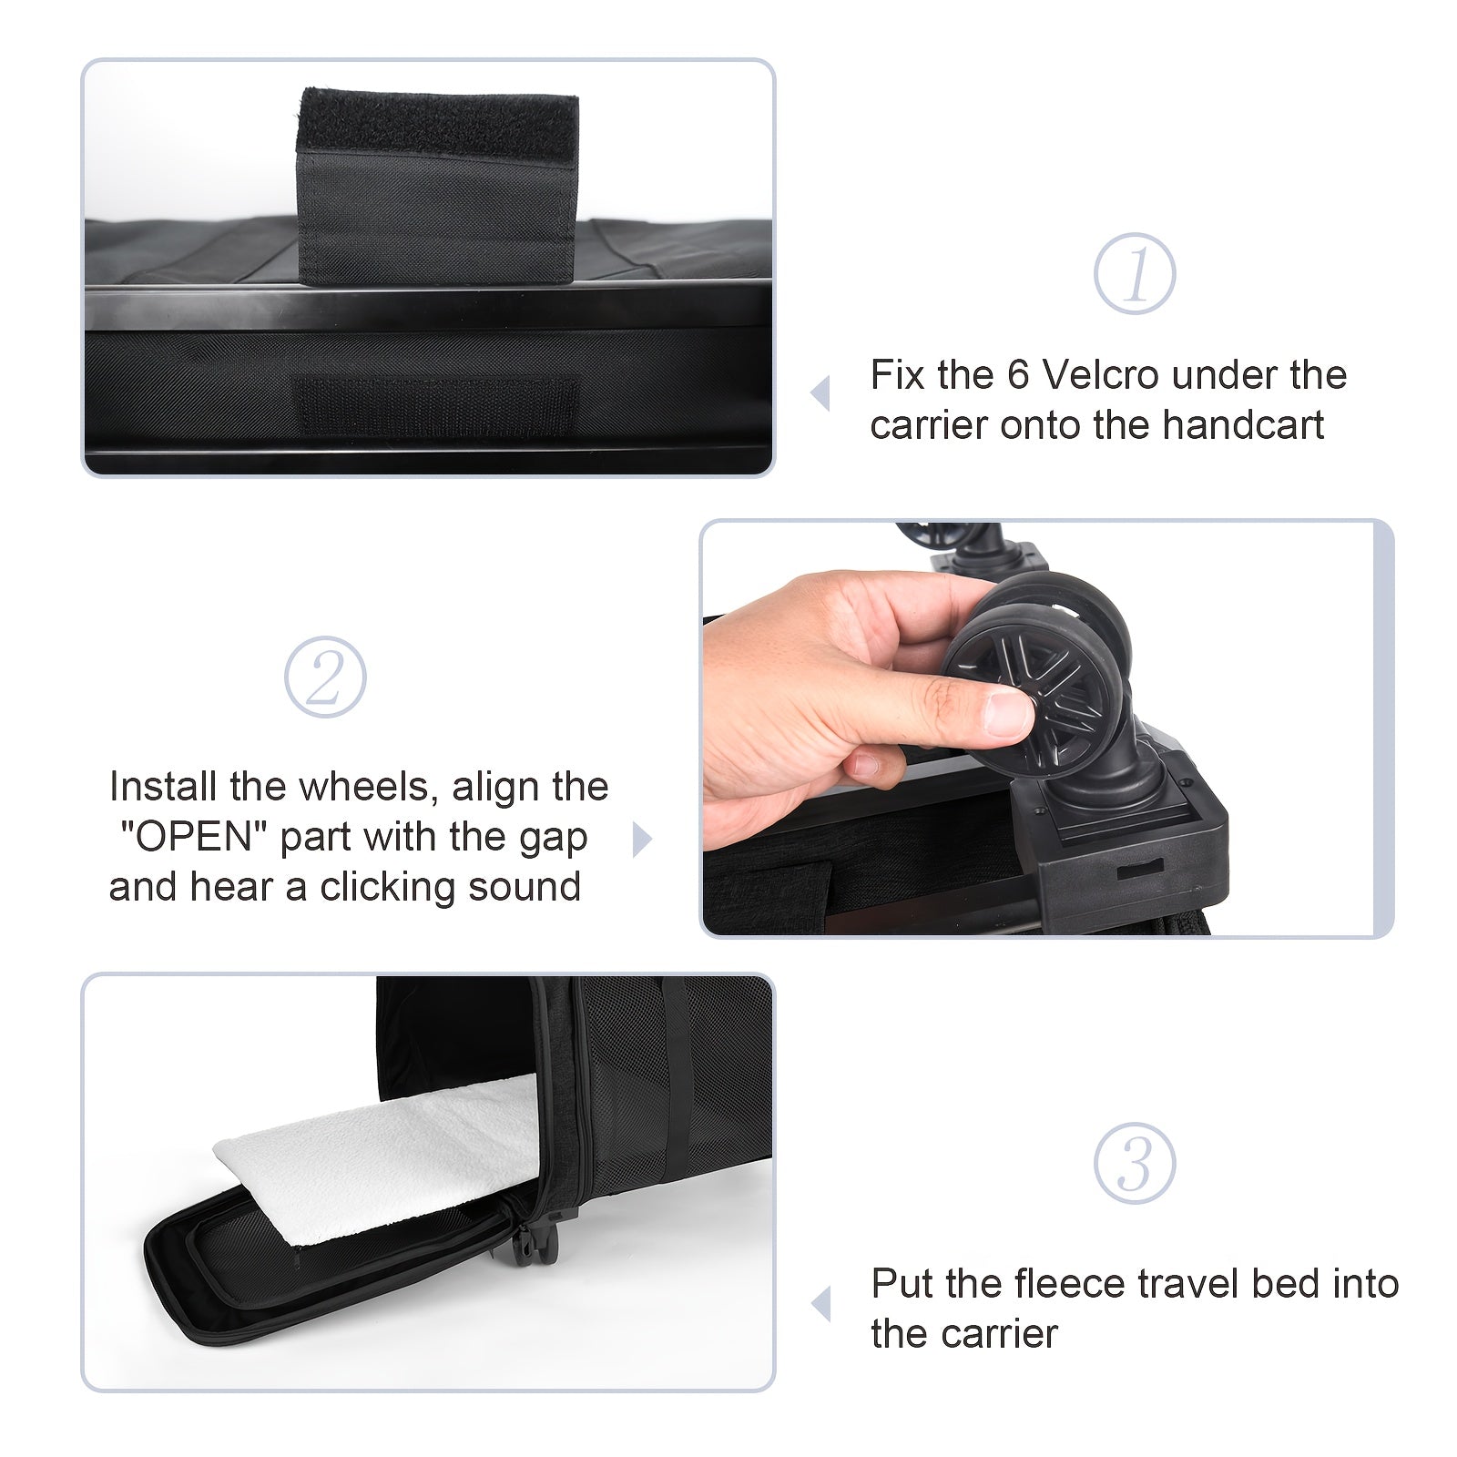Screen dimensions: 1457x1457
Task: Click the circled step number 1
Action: click(x=1135, y=274)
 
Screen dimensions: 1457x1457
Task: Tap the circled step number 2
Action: click(x=325, y=678)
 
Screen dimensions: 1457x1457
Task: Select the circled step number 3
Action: click(x=1135, y=1164)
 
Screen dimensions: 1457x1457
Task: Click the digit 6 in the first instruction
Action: click(x=1017, y=375)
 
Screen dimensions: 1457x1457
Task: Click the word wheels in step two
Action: click(x=369, y=787)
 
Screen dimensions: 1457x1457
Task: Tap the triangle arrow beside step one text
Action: click(x=820, y=393)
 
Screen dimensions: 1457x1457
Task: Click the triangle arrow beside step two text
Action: click(x=643, y=840)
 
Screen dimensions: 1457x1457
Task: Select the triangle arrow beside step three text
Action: click(x=820, y=1303)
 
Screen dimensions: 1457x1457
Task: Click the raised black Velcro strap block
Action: click(x=437, y=186)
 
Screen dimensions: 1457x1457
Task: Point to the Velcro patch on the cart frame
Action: click(x=437, y=406)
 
